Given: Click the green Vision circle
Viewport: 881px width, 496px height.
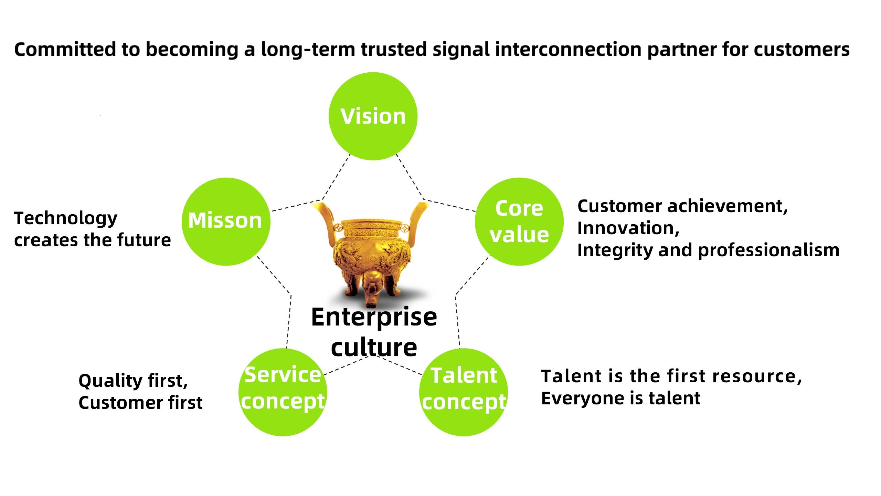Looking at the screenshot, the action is coord(373,116).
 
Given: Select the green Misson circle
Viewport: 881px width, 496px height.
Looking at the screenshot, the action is coord(226,221).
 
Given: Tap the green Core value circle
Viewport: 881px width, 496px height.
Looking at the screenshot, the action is coord(519,221).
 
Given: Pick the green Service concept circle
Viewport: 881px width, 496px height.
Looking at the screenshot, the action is coord(283,392).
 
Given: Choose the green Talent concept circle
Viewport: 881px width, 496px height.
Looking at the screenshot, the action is coord(464,392).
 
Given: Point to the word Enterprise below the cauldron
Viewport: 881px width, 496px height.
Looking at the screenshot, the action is coord(374,318).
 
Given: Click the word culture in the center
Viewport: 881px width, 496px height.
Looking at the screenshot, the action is coord(374,347).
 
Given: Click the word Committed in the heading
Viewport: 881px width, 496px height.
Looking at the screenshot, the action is coord(65,49).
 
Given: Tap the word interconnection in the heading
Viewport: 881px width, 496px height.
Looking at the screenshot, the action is coord(568,49).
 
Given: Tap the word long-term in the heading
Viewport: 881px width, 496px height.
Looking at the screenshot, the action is coord(308,50).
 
